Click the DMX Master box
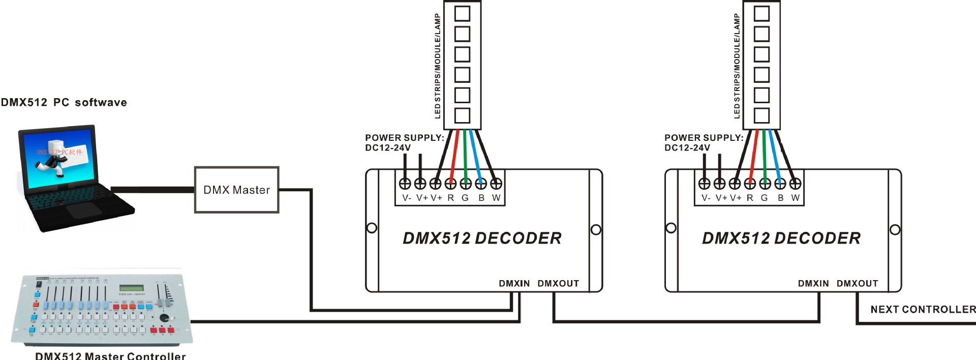(236, 190)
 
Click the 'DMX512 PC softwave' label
(64, 102)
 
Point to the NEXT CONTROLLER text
(923, 309)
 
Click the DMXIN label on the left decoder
(514, 283)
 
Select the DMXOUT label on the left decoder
(558, 283)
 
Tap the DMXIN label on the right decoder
(813, 283)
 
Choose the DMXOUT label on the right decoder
(857, 283)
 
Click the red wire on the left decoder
(454, 153)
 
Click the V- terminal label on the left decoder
(407, 198)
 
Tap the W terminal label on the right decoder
(796, 198)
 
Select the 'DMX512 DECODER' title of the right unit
(781, 238)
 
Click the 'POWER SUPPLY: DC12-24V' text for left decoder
(404, 142)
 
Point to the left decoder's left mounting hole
(372, 228)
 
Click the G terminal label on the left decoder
(465, 198)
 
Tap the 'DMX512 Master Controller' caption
(110, 355)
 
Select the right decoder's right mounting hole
(895, 230)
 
